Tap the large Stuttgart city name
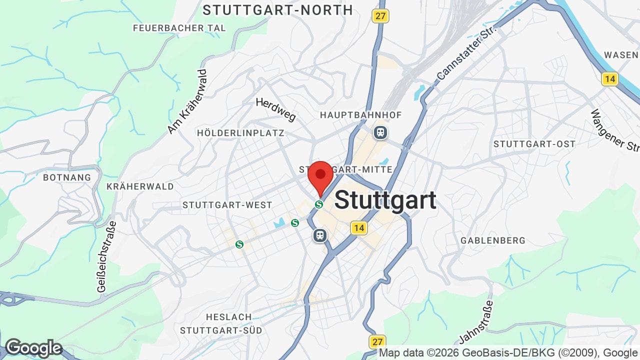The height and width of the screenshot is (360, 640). (x=385, y=200)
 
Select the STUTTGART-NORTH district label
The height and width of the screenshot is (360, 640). (x=278, y=10)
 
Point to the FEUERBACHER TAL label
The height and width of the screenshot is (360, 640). (x=179, y=28)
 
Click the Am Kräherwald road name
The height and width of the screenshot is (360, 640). (x=187, y=101)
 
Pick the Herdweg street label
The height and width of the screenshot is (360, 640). (x=276, y=109)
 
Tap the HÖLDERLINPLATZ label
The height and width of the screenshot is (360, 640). (x=240, y=133)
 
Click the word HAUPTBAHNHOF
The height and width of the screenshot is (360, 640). (x=360, y=115)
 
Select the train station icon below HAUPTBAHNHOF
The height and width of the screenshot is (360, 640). (x=380, y=132)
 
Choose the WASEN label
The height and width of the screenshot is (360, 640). (x=621, y=55)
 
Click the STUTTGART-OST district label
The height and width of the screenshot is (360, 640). (x=534, y=144)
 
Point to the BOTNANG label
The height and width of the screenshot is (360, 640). (x=67, y=177)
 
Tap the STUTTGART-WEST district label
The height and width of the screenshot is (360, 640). (x=227, y=205)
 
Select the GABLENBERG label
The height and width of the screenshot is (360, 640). (x=493, y=240)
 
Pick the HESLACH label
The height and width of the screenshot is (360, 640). (x=229, y=317)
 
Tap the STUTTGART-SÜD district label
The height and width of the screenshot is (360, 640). (x=221, y=330)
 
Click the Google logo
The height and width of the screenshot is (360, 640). (x=33, y=348)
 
